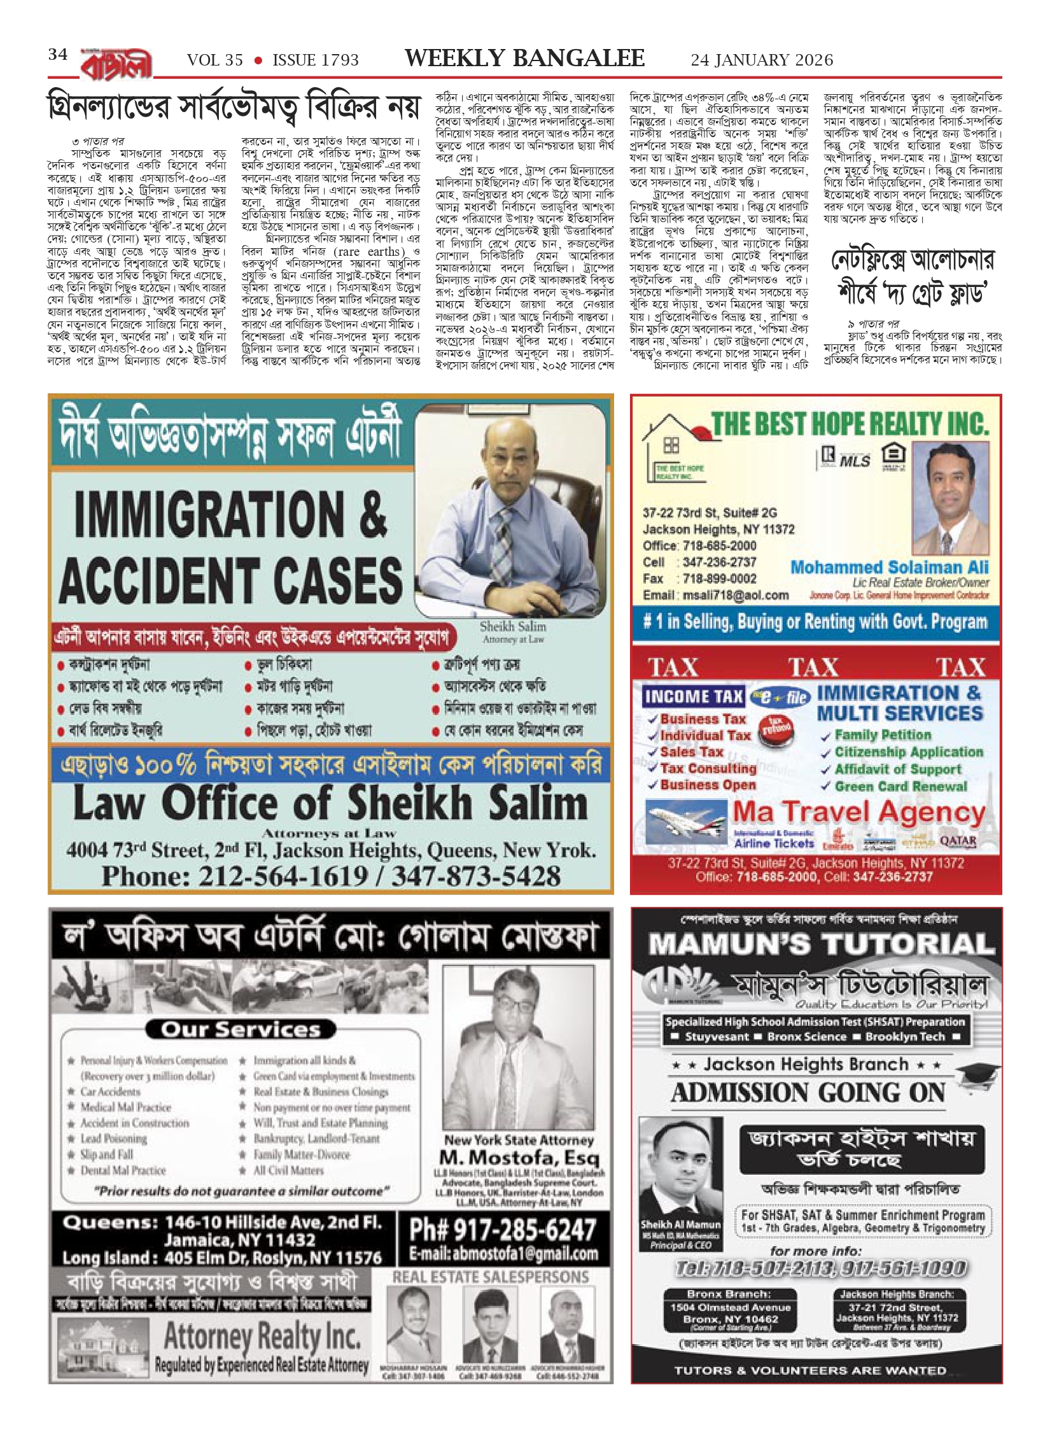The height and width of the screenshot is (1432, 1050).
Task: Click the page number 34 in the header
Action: [x=58, y=55]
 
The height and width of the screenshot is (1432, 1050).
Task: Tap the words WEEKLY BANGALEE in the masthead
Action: [x=524, y=59]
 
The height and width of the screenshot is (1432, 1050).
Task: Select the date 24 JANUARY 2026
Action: [x=762, y=60]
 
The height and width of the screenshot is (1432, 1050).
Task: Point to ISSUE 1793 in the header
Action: [x=316, y=60]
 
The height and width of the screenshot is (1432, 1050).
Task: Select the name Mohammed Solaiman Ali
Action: [x=890, y=567]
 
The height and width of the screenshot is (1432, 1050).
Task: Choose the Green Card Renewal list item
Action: [x=900, y=787]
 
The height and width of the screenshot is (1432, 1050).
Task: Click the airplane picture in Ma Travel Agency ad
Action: [x=686, y=825]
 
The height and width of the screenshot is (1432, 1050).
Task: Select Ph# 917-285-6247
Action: [x=502, y=1230]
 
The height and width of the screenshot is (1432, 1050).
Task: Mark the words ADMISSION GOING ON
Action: [x=808, y=1093]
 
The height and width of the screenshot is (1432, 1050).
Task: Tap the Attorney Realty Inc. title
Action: [x=262, y=1335]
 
